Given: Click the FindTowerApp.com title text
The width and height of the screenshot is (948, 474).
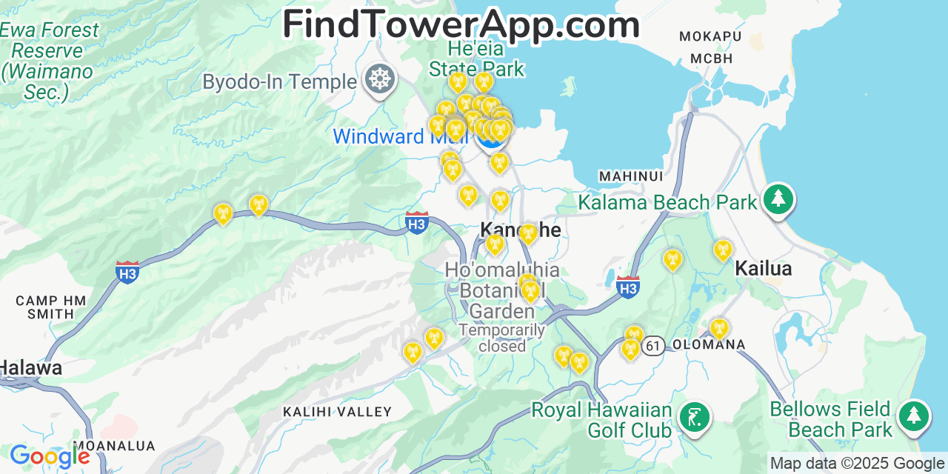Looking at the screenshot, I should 461,24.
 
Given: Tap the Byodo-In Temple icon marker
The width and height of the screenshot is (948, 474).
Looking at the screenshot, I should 380,79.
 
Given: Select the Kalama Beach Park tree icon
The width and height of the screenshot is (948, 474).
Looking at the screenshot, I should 778,199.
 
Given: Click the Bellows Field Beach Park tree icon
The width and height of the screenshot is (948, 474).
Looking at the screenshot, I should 914,416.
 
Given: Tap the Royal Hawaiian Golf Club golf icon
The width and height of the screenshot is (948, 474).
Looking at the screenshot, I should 694,417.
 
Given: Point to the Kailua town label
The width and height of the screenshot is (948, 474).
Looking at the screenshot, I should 764,269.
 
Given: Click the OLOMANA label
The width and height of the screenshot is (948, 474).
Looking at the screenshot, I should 708,345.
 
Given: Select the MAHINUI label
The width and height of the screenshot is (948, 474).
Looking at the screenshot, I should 631,176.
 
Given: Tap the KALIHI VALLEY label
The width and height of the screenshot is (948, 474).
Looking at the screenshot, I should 337,412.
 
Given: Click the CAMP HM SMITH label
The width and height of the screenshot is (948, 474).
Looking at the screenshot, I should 51,307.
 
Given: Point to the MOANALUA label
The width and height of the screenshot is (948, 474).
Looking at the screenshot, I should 114,446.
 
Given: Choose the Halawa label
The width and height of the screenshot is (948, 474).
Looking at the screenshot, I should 30,367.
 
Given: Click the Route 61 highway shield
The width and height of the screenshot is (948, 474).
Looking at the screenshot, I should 652,345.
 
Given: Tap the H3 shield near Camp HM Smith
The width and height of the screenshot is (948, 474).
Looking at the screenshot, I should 127,272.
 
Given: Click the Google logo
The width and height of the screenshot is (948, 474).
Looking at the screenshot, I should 49,457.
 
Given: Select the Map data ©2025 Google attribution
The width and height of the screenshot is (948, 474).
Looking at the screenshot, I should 858,464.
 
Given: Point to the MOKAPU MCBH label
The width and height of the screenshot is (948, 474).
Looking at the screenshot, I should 711,47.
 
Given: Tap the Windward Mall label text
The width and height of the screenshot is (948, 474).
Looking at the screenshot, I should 400,136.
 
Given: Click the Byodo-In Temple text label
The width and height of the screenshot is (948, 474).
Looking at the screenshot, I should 279,81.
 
